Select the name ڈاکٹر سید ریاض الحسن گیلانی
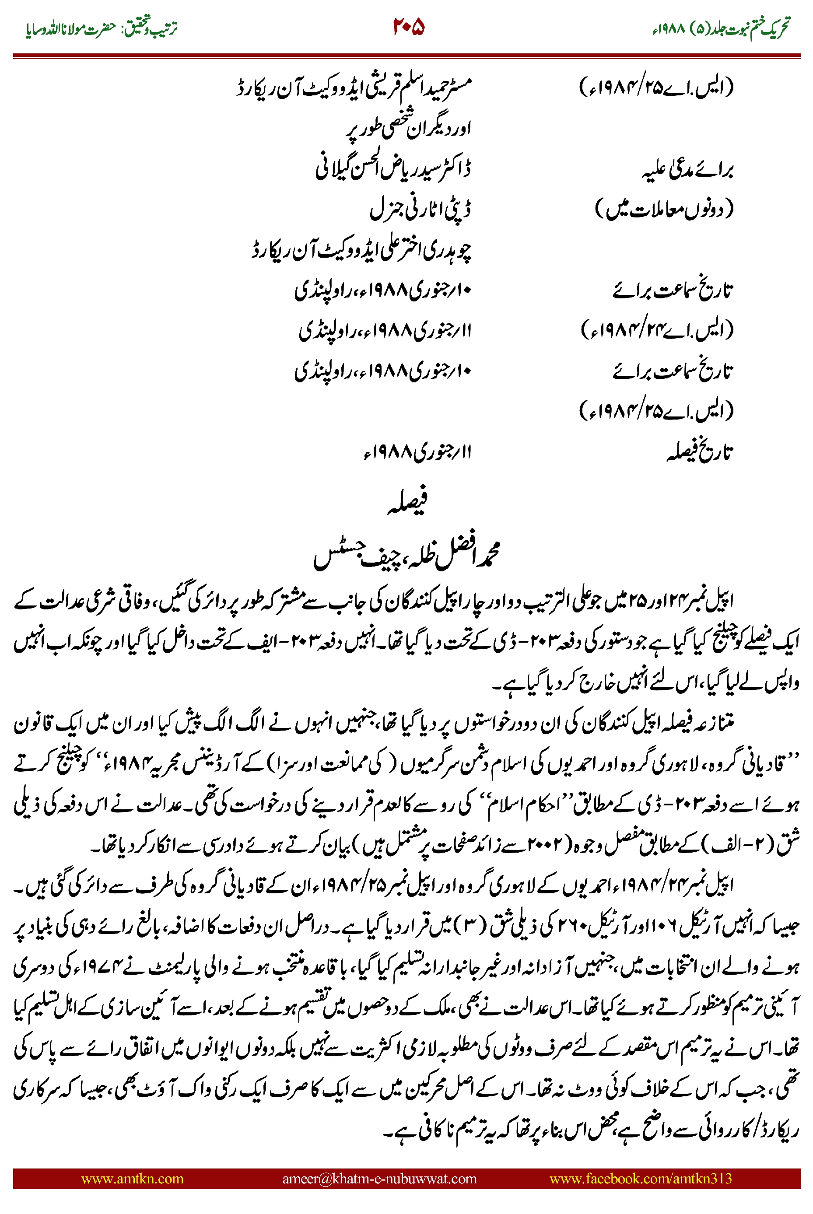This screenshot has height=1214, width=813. pyautogui.click(x=394, y=169)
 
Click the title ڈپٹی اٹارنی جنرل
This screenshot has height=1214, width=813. pyautogui.click(x=421, y=209)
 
